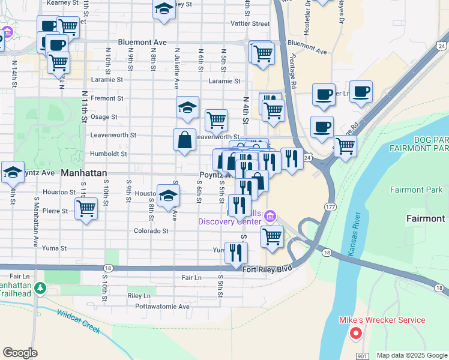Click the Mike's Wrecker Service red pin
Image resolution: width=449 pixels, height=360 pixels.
pos(355,334)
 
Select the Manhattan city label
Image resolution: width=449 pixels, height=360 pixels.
pos(84,173)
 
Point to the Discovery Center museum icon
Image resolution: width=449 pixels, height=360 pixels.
pos(270,215)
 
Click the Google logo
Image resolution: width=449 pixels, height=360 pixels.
pos(20,353)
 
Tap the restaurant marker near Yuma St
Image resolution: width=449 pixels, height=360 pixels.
pos(236,252)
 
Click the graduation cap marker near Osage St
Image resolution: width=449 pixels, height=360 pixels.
pos(187,108)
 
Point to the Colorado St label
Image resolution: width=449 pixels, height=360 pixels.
pos(151,231)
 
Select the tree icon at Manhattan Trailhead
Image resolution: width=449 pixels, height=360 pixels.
pos(40,288)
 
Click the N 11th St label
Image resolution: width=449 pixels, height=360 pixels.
pos(84,111)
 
